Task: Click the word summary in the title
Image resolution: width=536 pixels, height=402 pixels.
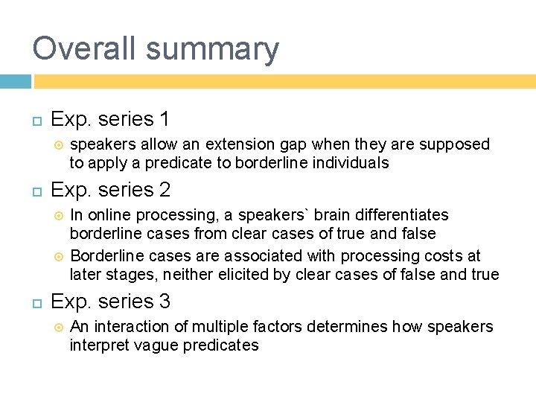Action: pos(212,50)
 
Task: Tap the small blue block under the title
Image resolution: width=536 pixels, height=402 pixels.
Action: pos(15,81)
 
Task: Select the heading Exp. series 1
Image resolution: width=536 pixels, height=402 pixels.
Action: pos(110,119)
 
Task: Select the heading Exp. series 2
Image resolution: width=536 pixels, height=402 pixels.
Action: pos(110,190)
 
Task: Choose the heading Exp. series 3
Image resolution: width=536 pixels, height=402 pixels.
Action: pos(110,301)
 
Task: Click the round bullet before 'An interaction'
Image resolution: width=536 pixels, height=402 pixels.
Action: pos(59,327)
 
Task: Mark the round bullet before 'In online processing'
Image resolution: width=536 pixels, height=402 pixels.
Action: pos(59,216)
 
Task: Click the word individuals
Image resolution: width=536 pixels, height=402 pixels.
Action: pos(349,162)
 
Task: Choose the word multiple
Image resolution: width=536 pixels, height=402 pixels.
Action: pos(221,327)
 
